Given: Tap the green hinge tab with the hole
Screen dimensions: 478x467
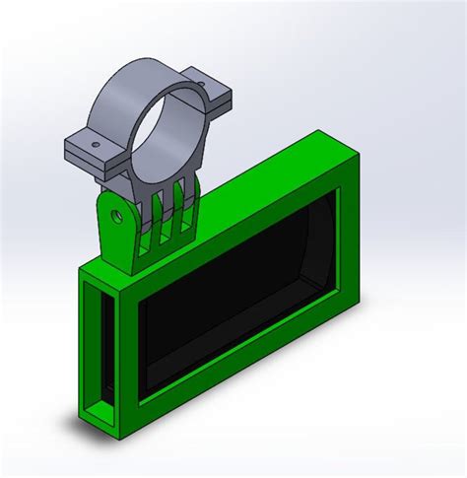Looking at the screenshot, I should (116, 227).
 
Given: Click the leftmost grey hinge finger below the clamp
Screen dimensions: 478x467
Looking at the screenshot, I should (147, 212).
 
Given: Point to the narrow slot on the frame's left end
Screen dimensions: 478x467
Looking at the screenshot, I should (99, 345).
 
